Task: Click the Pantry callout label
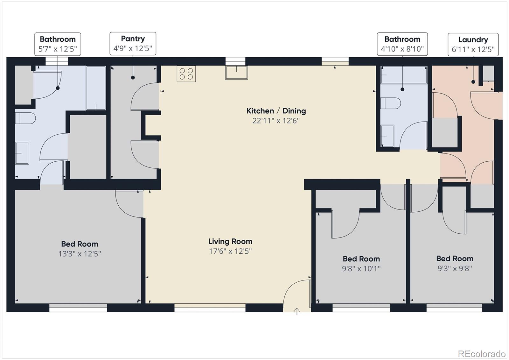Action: [133, 44]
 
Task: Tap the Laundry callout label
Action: [473, 45]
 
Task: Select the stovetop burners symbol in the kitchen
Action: [186, 74]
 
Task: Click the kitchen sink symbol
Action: [236, 73]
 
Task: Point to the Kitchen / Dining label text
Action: [276, 111]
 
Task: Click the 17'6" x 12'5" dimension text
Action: [230, 251]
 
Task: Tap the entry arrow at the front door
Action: [297, 311]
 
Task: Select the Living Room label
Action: [230, 242]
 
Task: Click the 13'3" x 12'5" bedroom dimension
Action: [80, 254]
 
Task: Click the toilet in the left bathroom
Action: [25, 118]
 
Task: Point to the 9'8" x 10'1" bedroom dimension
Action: [361, 269]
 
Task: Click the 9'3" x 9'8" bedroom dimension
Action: [455, 268]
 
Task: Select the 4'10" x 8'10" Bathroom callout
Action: [402, 44]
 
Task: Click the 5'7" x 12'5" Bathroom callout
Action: [58, 44]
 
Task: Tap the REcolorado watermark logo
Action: [481, 354]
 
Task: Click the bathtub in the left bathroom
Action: [96, 88]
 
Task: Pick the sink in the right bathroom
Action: [387, 136]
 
